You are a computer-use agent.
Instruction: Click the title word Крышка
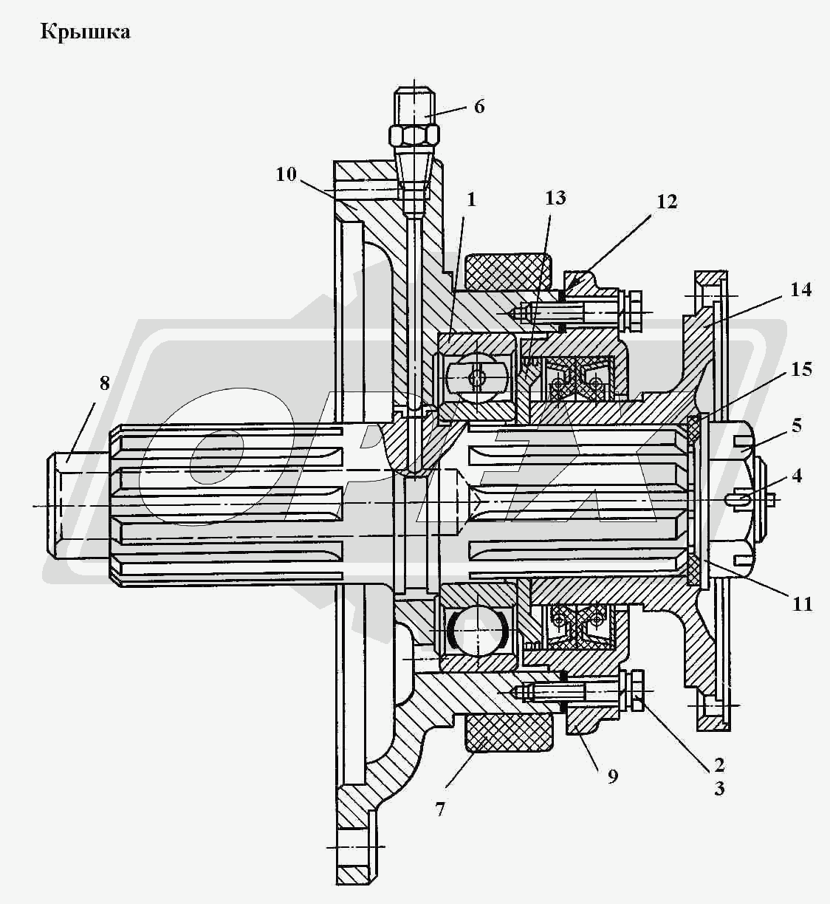pyautogui.click(x=86, y=32)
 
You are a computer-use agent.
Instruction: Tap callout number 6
pyautogui.click(x=479, y=106)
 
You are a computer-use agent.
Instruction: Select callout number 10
pyautogui.click(x=287, y=174)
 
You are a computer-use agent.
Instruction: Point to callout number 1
pyautogui.click(x=471, y=199)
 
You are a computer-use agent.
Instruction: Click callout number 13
pyautogui.click(x=555, y=197)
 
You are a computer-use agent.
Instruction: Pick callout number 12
pyautogui.click(x=666, y=202)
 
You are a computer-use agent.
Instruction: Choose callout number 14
pyautogui.click(x=800, y=290)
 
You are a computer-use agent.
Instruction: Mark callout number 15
pyautogui.click(x=800, y=369)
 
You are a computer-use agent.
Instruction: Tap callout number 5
pyautogui.click(x=797, y=425)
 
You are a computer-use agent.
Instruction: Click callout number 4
pyautogui.click(x=797, y=476)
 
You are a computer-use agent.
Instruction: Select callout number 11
pyautogui.click(x=802, y=604)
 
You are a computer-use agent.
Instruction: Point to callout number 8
pyautogui.click(x=104, y=383)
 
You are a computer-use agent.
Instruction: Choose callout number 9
pyautogui.click(x=612, y=776)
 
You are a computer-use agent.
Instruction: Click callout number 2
pyautogui.click(x=718, y=764)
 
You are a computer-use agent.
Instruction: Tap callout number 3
pyautogui.click(x=718, y=789)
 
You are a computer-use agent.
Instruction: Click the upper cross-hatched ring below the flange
pyautogui.click(x=509, y=272)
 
